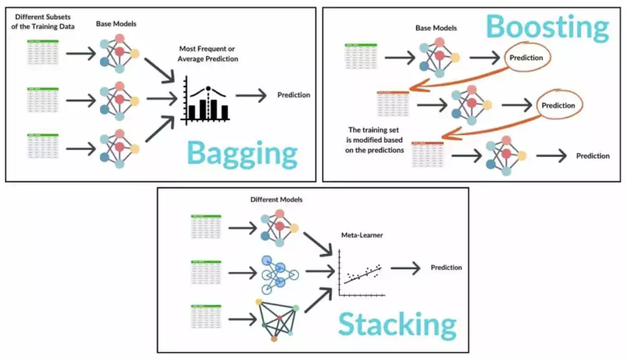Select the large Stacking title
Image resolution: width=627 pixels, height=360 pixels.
[x=397, y=324]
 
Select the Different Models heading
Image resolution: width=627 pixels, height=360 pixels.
[x=277, y=200]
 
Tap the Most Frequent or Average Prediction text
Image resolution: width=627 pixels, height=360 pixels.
[x=208, y=53]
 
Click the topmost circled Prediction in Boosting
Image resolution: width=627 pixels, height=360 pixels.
[x=526, y=58]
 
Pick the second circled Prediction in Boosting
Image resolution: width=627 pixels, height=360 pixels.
[x=558, y=106]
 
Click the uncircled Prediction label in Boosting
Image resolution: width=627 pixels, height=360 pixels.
[x=593, y=156]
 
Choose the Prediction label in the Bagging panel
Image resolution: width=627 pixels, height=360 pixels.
[x=293, y=95]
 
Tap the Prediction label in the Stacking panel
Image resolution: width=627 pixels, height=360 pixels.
[x=446, y=267]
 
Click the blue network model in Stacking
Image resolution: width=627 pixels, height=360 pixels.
[x=279, y=274]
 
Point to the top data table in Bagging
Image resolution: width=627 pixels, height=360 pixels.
[x=43, y=53]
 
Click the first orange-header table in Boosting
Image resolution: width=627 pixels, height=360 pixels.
[x=393, y=104]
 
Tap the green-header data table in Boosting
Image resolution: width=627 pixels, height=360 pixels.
[x=361, y=56]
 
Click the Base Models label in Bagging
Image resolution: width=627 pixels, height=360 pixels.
[x=116, y=24]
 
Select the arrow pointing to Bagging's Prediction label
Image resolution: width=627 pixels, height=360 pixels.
[x=251, y=95]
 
